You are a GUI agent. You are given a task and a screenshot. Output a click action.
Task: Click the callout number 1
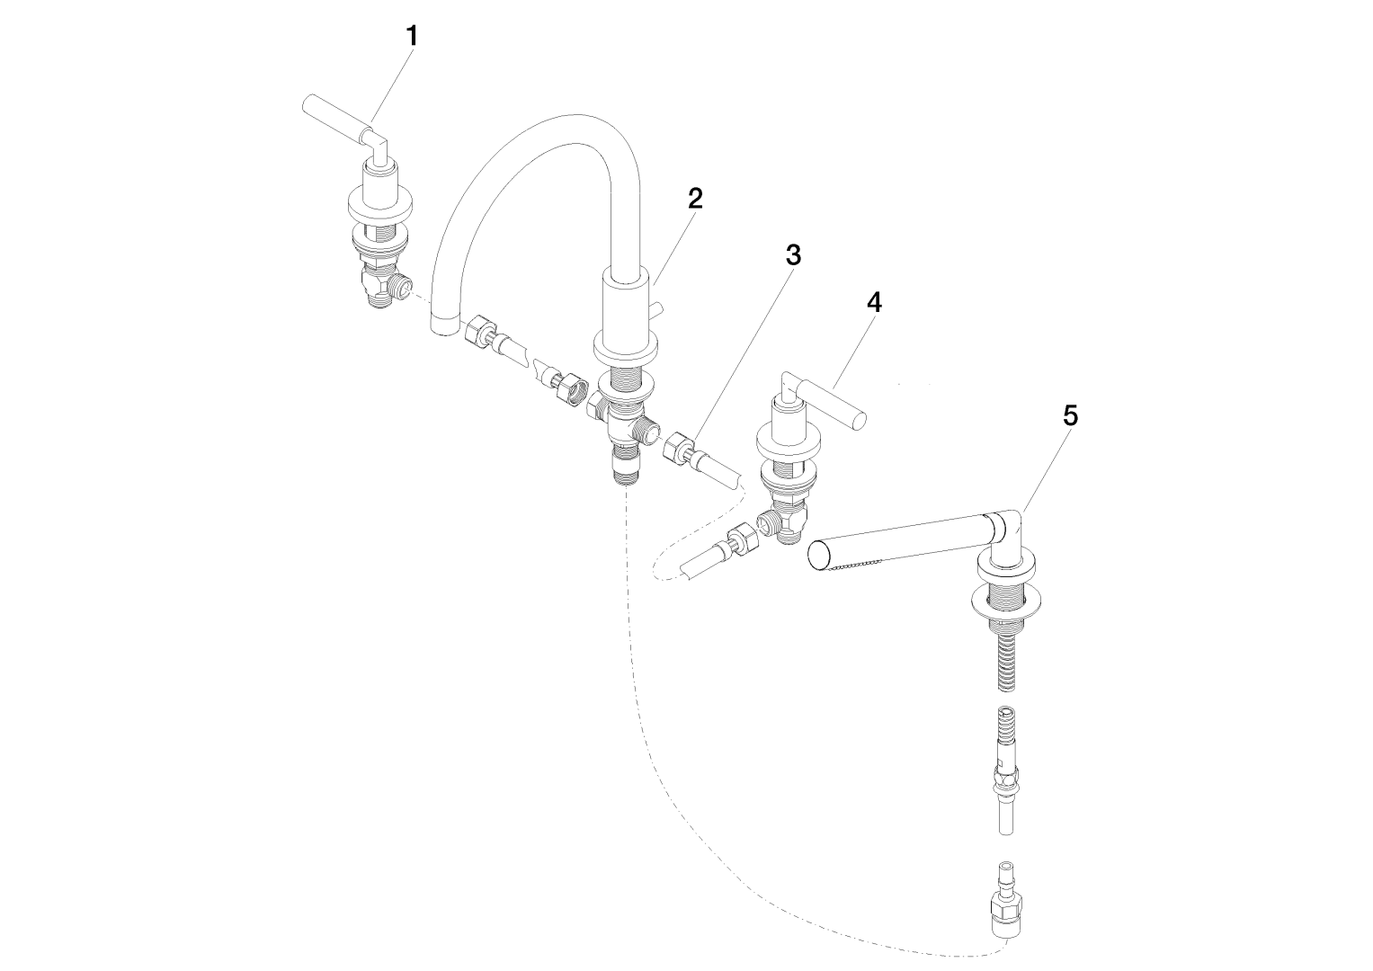413,36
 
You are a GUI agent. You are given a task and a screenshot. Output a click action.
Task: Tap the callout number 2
695,198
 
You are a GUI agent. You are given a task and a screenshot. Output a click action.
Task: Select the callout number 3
793,255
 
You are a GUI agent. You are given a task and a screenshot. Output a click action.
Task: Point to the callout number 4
874,302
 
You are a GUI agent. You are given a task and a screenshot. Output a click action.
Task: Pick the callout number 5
1070,415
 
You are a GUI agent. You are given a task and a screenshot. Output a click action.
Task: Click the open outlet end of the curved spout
443,325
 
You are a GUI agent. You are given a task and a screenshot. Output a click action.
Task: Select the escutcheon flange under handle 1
379,207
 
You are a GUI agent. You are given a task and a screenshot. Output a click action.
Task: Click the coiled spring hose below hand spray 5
1006,662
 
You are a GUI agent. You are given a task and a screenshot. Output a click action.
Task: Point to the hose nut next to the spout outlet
480,332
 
